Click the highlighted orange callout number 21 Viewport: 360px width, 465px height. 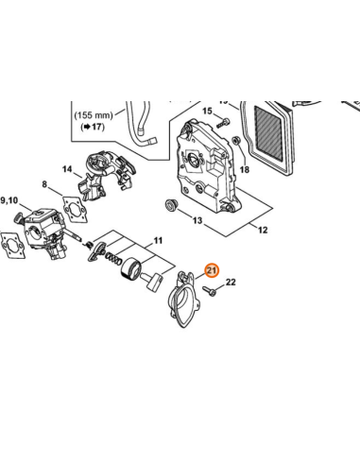[212, 270]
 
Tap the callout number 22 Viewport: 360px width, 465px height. [231, 282]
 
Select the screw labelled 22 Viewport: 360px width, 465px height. [209, 290]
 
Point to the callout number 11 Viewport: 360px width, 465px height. [158, 241]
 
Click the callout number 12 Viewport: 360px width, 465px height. [263, 230]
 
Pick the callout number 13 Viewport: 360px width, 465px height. [197, 220]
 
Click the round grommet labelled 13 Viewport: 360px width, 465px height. [171, 205]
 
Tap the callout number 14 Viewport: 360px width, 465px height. [67, 169]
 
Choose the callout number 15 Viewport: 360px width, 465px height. [207, 111]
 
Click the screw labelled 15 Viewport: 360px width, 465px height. [223, 123]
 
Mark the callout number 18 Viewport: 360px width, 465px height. [245, 169]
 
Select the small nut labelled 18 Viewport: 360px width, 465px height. [235, 140]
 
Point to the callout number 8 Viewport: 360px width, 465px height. [44, 184]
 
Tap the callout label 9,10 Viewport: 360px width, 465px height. [9, 200]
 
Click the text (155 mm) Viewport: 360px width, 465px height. [94, 115]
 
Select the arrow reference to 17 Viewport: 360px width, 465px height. [93, 127]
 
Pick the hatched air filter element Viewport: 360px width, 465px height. [267, 134]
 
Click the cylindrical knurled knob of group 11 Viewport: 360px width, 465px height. [131, 268]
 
